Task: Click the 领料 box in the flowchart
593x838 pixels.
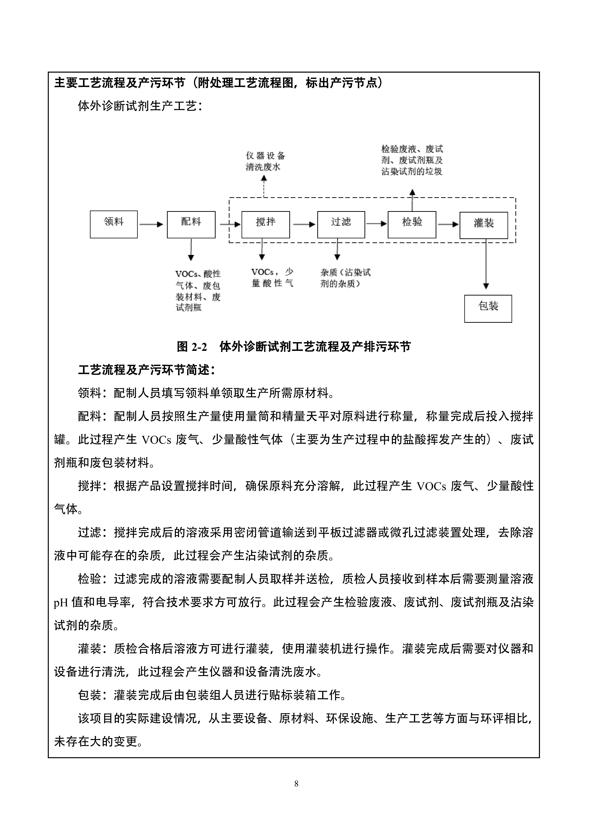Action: point(114,224)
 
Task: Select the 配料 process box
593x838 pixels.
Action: point(191,224)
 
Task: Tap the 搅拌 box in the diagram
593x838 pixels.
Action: point(266,224)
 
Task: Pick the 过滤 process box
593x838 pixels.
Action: point(341,224)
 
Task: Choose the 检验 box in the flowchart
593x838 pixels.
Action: point(412,224)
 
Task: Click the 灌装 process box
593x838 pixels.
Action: point(483,225)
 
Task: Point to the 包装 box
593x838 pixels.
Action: point(488,308)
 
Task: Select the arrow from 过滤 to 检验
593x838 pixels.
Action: point(376,223)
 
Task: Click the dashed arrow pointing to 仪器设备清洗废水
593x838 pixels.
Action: point(264,186)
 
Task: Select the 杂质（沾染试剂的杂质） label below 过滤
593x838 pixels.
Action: point(345,278)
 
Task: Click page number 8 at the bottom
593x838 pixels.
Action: point(296,784)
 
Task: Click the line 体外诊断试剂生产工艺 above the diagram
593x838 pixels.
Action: point(140,106)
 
